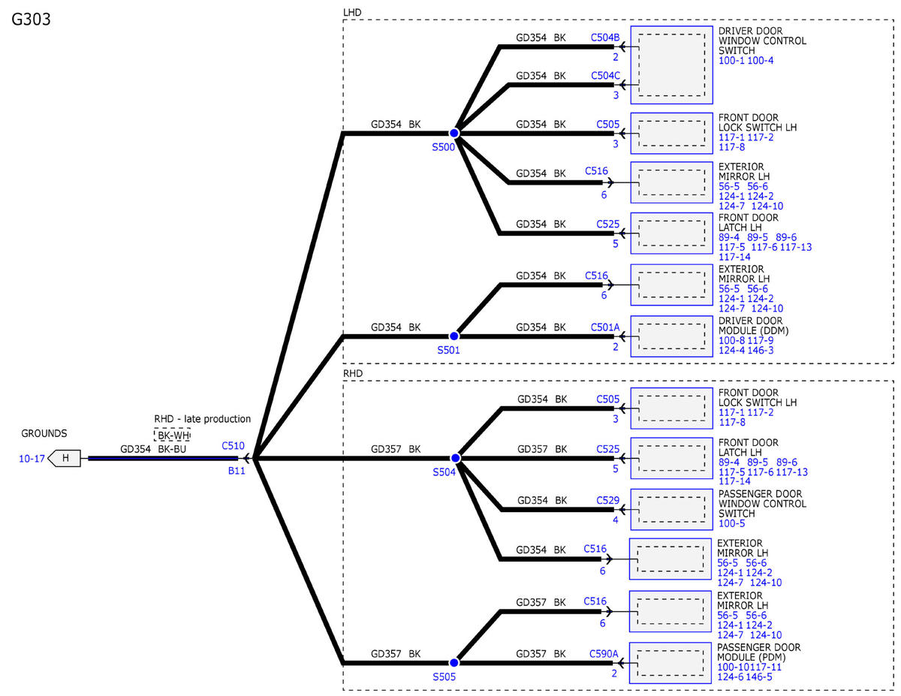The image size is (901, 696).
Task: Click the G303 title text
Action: (x=32, y=20)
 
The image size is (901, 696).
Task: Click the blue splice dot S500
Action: (x=454, y=133)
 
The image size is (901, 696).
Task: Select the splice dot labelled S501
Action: (x=454, y=336)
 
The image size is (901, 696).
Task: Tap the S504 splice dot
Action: (x=454, y=457)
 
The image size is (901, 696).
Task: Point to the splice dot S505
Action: (x=454, y=663)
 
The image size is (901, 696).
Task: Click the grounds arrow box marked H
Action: (x=65, y=458)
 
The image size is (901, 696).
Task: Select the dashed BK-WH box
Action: (x=172, y=435)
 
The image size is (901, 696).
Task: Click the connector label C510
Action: (x=233, y=445)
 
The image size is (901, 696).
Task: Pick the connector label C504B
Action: (x=605, y=36)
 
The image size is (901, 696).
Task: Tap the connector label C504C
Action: (x=605, y=75)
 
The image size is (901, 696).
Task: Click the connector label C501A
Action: (x=605, y=327)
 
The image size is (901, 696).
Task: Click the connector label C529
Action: (x=608, y=500)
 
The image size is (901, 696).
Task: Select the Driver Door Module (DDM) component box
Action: (x=671, y=336)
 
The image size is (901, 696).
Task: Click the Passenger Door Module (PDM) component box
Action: (x=671, y=663)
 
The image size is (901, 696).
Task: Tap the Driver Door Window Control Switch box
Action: (x=671, y=65)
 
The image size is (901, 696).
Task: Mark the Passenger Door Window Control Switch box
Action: (x=671, y=510)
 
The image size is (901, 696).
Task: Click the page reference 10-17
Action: (x=31, y=458)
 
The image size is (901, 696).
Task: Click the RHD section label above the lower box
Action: (x=353, y=373)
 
